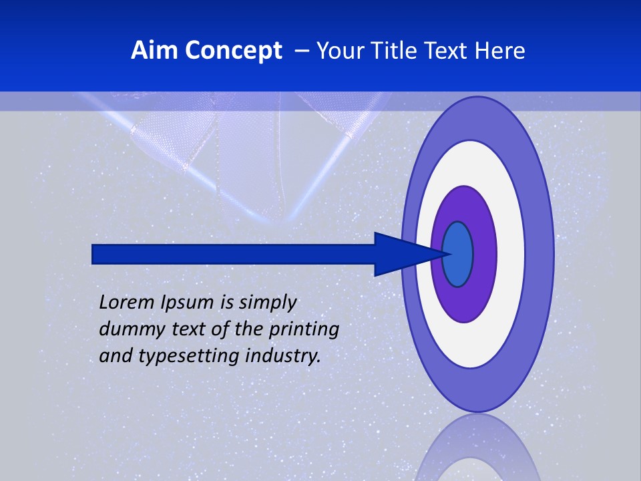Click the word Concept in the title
[233, 51]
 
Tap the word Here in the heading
[501, 51]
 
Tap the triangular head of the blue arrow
[401, 254]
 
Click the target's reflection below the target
[478, 451]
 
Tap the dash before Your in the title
[302, 51]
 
